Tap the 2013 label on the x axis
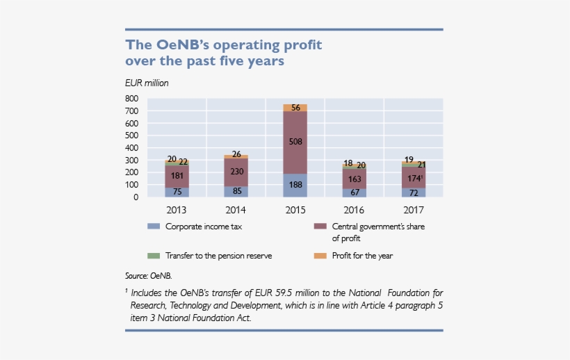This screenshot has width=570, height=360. pos(177,209)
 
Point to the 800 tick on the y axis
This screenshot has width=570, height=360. pos(131,99)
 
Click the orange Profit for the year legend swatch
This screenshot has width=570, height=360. pos(320,256)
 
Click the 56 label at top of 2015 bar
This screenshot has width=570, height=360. pos(295,108)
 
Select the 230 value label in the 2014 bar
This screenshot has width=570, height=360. pos(236,172)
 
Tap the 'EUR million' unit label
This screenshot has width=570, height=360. pos(147,83)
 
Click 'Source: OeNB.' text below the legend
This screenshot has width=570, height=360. pos(148,276)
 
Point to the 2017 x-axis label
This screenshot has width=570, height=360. pos(414,209)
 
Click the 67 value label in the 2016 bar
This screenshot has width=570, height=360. pos(355,193)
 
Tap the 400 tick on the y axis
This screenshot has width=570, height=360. pos(131,148)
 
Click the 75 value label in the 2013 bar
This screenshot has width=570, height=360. pos(177,193)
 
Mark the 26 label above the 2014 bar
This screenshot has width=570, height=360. pos(236,154)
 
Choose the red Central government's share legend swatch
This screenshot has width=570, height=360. pos(320,227)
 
